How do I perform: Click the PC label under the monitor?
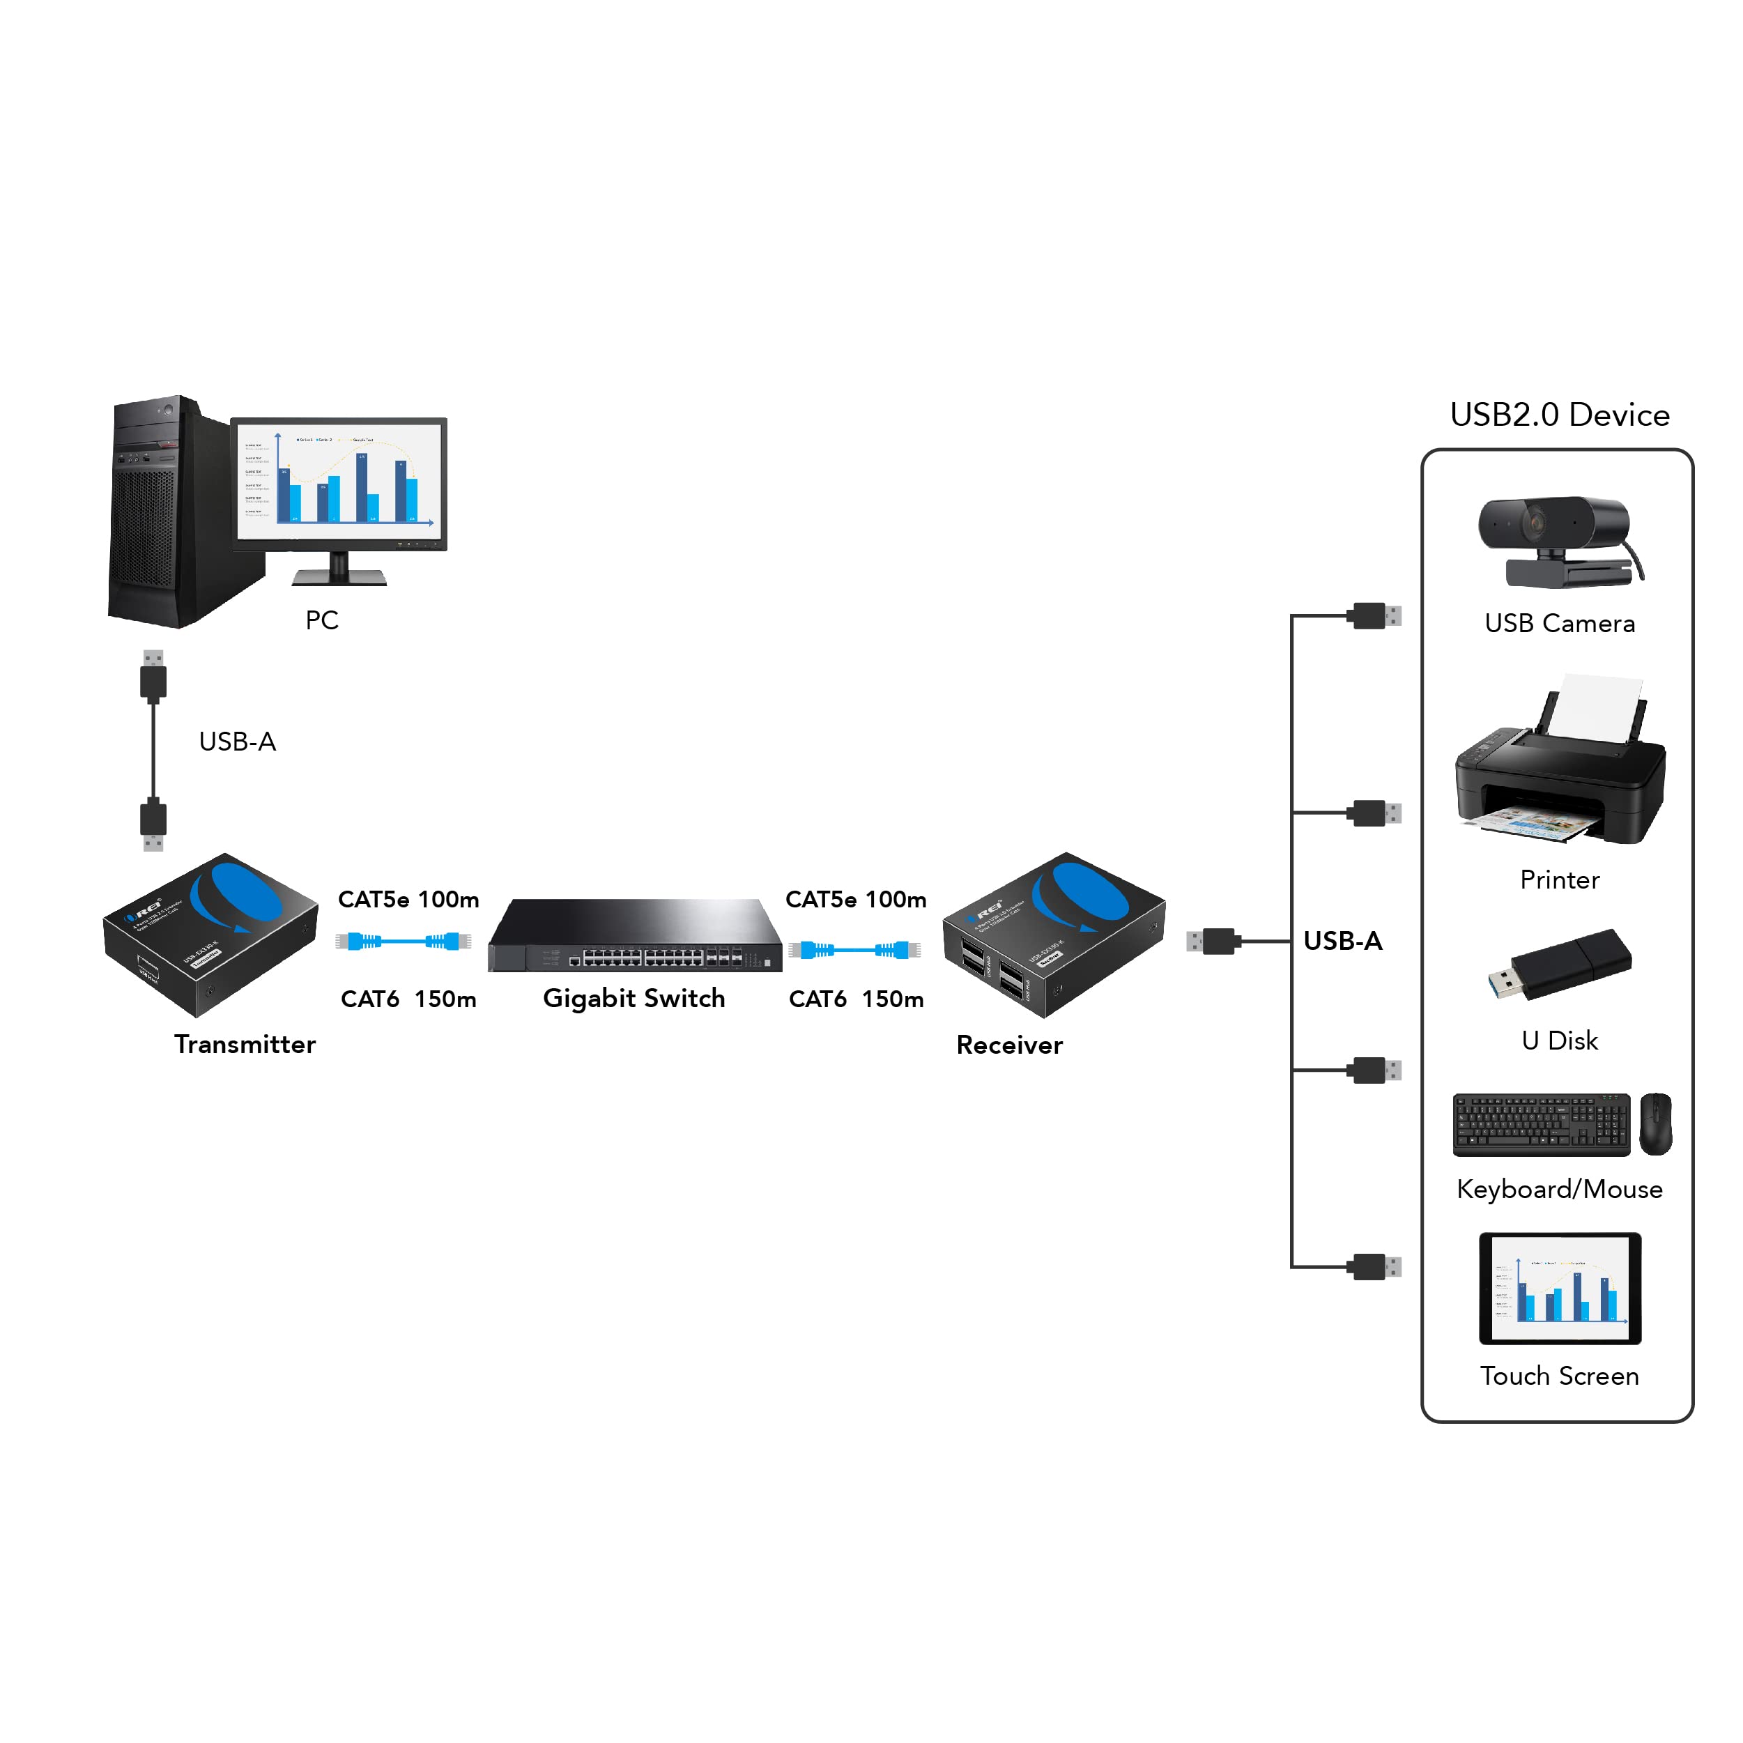(321, 621)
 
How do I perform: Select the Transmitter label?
(245, 1045)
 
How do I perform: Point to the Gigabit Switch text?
(634, 999)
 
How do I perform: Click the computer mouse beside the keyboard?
(1655, 1123)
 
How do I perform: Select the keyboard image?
(1541, 1124)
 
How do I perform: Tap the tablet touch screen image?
(1560, 1289)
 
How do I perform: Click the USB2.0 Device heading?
(1559, 415)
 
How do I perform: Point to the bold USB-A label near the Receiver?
(1342, 941)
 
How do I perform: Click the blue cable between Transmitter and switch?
(404, 942)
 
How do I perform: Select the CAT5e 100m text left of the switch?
(408, 900)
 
